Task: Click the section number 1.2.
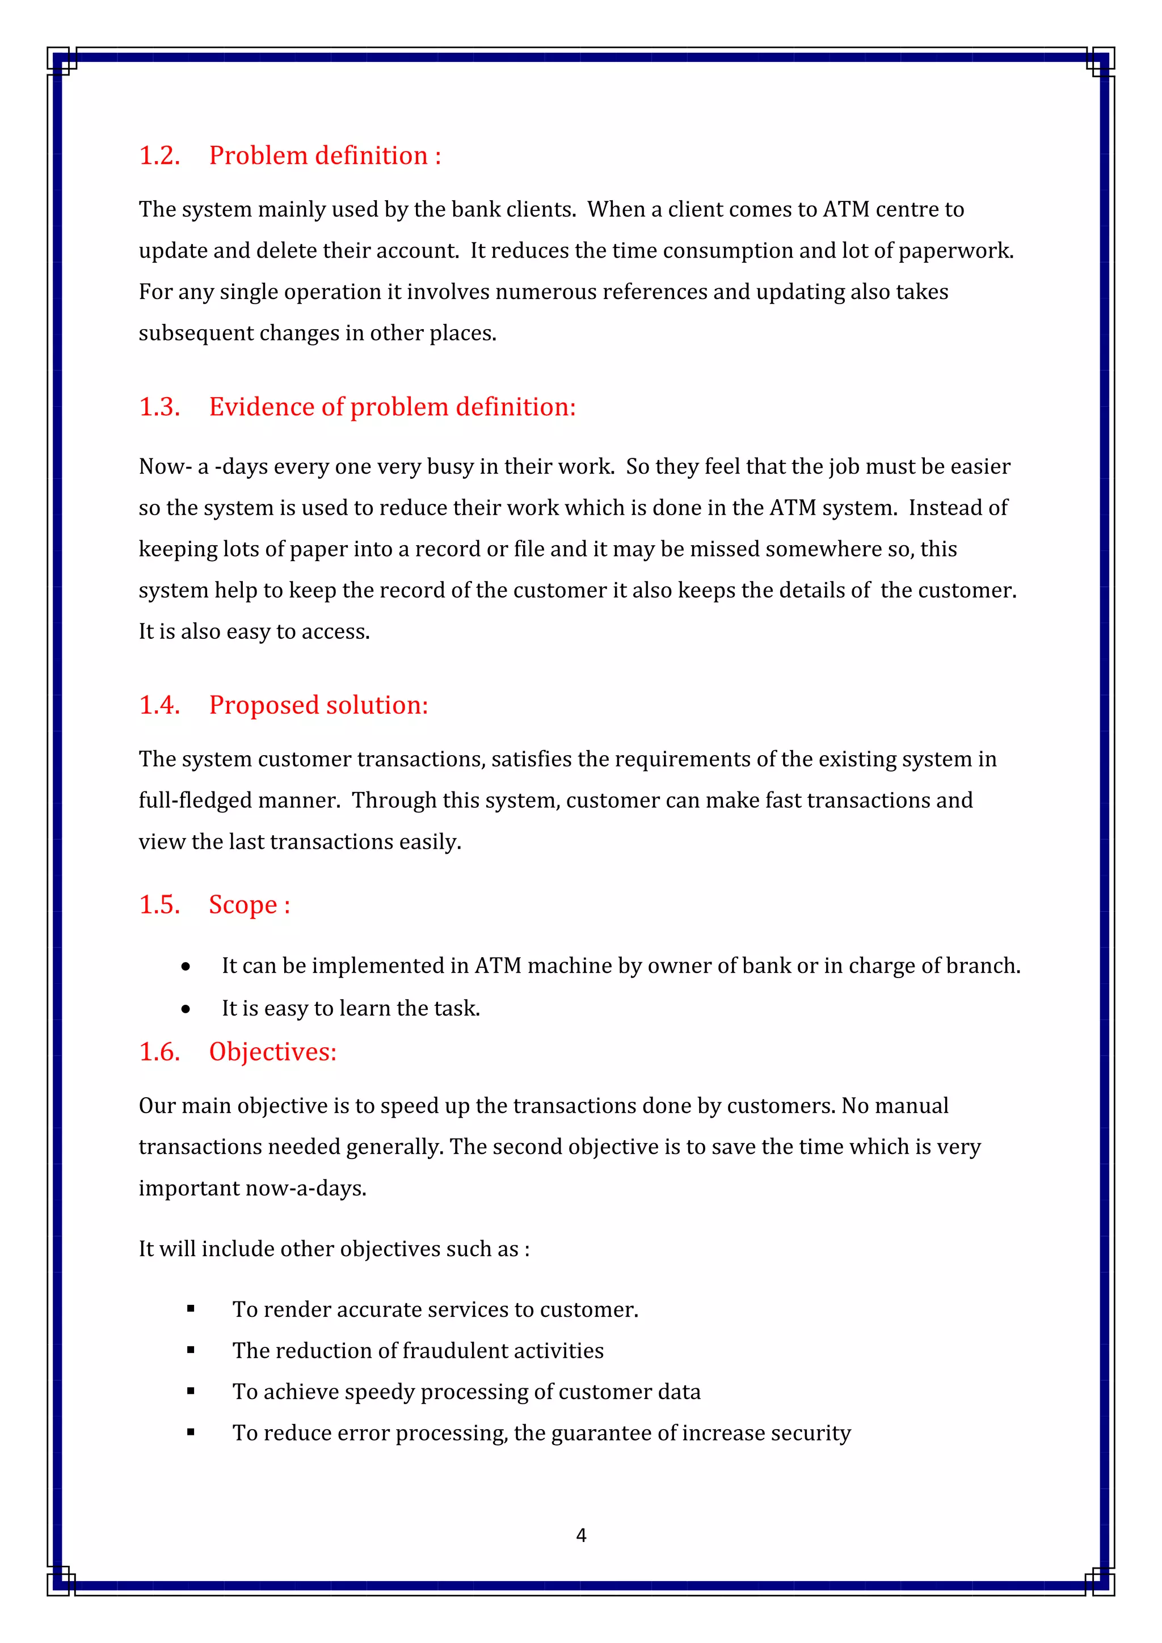pyautogui.click(x=159, y=156)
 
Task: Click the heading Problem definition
pyautogui.click(x=324, y=156)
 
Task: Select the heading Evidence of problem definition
pyautogui.click(x=391, y=407)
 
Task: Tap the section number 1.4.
pyautogui.click(x=159, y=706)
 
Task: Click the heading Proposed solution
pyautogui.click(x=318, y=706)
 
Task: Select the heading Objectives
pyautogui.click(x=272, y=1052)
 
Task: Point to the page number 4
pyautogui.click(x=581, y=1535)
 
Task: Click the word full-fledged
pyautogui.click(x=192, y=801)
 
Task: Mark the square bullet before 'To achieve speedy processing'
pyautogui.click(x=190, y=1392)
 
